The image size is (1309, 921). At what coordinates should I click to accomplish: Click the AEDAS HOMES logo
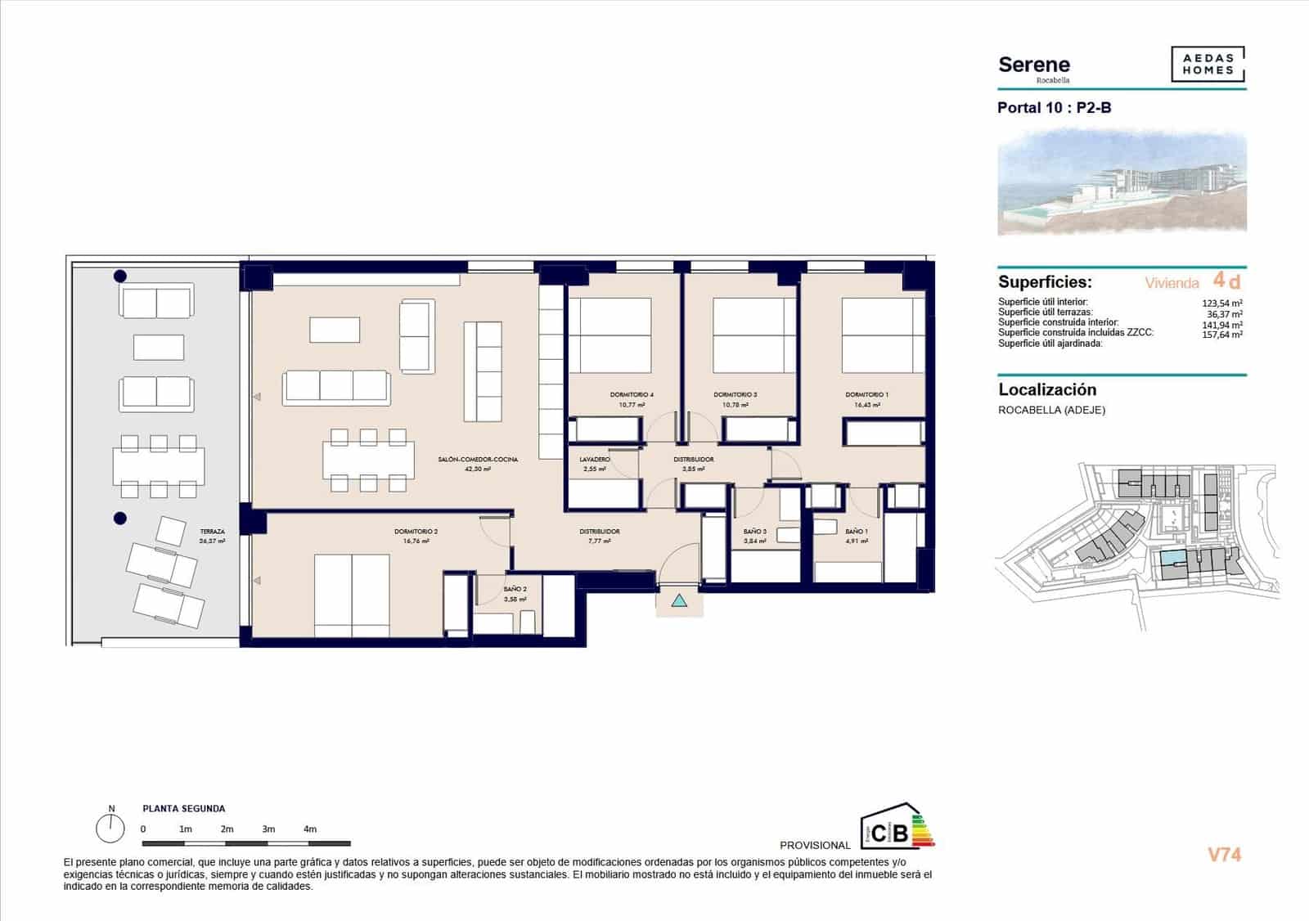click(1208, 65)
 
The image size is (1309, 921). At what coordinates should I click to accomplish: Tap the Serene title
click(1034, 65)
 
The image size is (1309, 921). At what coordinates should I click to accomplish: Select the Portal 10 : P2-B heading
click(1054, 108)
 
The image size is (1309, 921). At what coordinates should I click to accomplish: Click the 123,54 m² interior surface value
click(1222, 303)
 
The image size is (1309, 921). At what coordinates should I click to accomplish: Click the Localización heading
click(1047, 390)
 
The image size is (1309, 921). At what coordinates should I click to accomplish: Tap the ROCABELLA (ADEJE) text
click(1051, 411)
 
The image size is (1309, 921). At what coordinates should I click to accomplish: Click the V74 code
click(1225, 855)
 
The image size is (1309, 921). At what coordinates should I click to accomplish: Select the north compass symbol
click(110, 828)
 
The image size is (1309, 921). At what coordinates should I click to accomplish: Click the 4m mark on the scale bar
click(310, 829)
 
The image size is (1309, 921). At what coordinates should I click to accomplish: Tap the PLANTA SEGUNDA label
click(184, 809)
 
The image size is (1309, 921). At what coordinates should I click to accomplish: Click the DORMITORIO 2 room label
click(416, 532)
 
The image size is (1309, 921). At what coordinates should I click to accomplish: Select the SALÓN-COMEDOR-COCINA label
click(478, 460)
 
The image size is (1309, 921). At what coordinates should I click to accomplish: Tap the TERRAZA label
click(212, 532)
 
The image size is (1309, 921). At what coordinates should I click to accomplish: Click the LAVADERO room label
click(595, 460)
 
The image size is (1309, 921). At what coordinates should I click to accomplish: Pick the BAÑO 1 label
click(857, 532)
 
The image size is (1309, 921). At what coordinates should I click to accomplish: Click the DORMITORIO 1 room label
click(866, 395)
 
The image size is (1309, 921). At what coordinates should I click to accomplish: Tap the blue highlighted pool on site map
click(1172, 558)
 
